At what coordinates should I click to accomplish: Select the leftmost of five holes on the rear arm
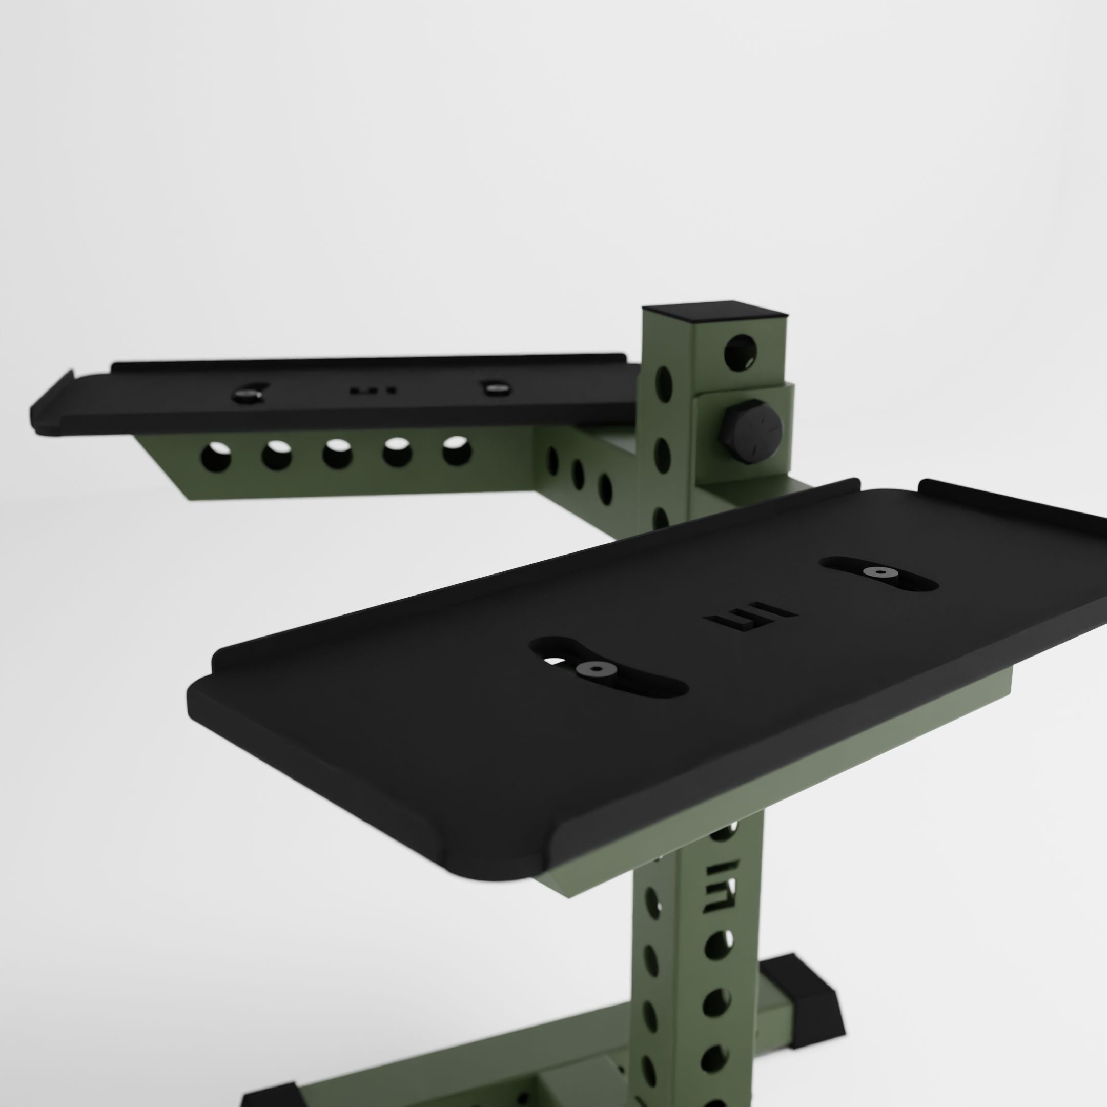pyautogui.click(x=216, y=457)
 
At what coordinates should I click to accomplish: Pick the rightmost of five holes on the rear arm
pyautogui.click(x=457, y=450)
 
